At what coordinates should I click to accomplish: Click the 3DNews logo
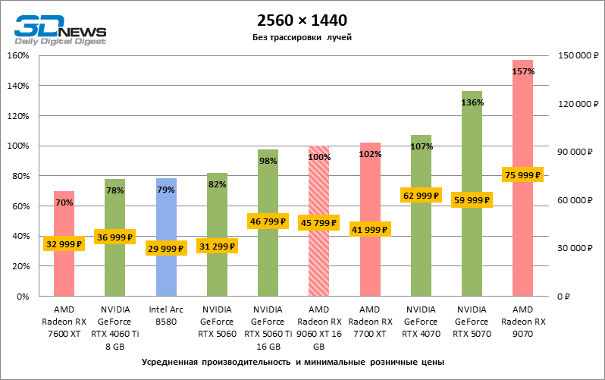tap(60, 31)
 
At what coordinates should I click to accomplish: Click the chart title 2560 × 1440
tap(302, 21)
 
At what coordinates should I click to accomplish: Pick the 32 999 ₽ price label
tap(64, 244)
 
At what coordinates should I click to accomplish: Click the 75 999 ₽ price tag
tap(523, 174)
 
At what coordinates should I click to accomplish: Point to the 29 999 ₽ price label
tap(166, 249)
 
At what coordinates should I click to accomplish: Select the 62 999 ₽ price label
tap(421, 196)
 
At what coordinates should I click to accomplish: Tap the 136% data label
tap(472, 102)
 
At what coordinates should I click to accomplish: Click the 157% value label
tap(523, 71)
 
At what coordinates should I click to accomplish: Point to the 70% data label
tap(64, 203)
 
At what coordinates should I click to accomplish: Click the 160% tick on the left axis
tap(17, 55)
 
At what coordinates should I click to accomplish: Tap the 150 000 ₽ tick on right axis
tap(578, 55)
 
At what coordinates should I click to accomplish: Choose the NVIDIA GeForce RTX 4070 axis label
tap(421, 320)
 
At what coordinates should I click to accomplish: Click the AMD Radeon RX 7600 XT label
tap(64, 320)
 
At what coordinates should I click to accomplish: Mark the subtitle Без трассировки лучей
tap(302, 37)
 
